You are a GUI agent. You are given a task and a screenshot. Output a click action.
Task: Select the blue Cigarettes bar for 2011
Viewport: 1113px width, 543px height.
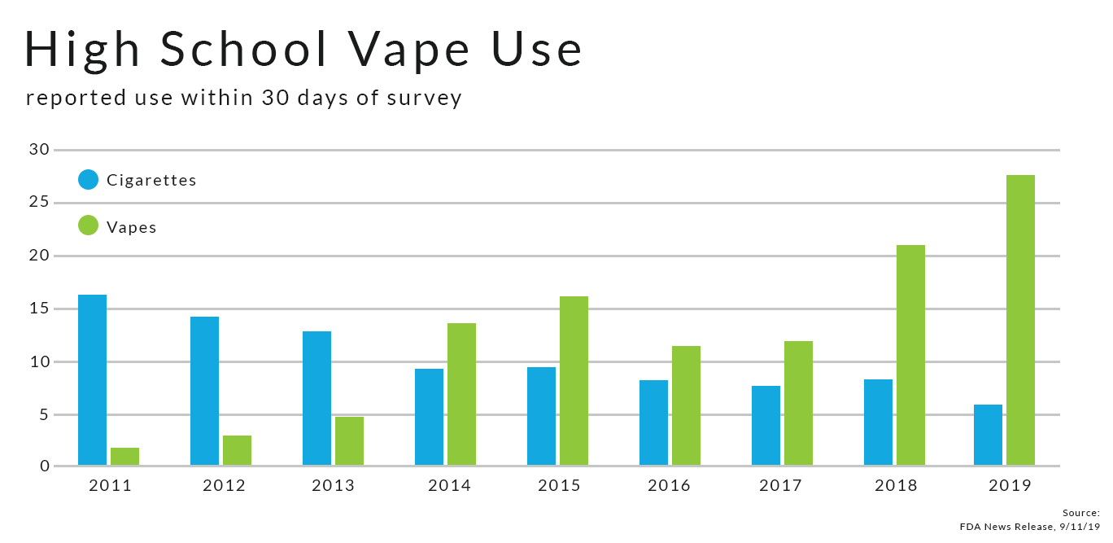point(92,380)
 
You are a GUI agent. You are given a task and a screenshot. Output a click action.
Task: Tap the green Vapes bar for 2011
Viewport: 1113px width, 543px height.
point(124,457)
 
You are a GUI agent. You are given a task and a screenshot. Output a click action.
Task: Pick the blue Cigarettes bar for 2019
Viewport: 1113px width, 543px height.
point(988,435)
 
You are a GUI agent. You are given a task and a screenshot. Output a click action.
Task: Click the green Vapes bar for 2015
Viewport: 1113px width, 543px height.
point(574,381)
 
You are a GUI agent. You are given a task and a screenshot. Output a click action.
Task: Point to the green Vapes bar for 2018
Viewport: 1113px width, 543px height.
point(910,355)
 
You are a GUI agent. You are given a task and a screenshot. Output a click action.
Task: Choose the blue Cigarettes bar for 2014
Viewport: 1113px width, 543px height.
point(429,417)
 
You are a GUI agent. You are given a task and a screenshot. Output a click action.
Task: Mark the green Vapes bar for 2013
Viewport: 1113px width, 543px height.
point(349,441)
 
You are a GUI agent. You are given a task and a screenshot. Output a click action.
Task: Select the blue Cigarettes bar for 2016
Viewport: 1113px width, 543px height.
point(653,423)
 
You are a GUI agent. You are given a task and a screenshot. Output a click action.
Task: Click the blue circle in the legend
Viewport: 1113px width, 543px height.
point(88,179)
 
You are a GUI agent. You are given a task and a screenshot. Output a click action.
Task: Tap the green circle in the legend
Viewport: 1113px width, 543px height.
point(88,226)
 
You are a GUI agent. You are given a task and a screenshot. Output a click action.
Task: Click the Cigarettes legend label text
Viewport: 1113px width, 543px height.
point(151,180)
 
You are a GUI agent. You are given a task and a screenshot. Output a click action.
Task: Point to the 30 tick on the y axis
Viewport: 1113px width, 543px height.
point(40,150)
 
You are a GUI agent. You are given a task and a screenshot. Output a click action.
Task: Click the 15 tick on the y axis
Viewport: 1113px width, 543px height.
point(40,309)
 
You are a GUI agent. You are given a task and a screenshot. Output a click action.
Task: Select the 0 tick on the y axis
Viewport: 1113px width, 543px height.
point(45,466)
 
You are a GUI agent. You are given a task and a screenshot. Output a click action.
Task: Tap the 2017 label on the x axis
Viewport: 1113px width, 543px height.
point(780,486)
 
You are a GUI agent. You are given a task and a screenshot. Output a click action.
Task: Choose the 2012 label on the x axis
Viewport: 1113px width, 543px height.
point(224,486)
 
